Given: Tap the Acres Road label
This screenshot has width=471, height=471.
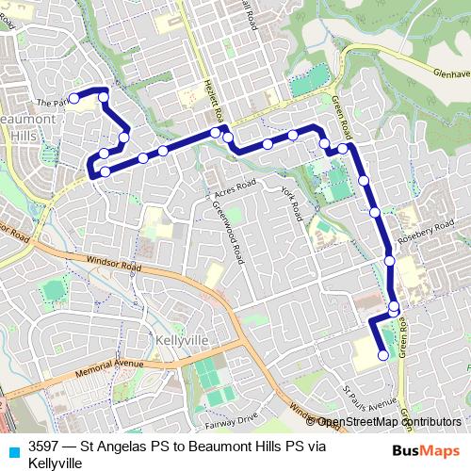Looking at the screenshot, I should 235,188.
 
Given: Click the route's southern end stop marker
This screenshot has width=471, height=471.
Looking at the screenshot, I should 382,355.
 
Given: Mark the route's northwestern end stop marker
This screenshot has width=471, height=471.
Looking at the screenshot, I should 74,96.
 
